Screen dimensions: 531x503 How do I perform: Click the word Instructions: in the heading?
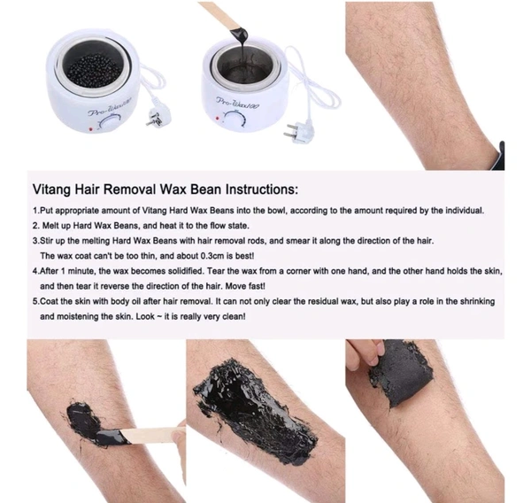point(262,189)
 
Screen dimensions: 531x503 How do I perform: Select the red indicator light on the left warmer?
point(90,128)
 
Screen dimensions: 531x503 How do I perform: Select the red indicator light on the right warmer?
point(218,119)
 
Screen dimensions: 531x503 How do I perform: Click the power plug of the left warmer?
point(158,117)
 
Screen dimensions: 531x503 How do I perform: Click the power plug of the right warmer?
point(299,131)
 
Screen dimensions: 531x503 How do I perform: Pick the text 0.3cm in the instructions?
point(212,256)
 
